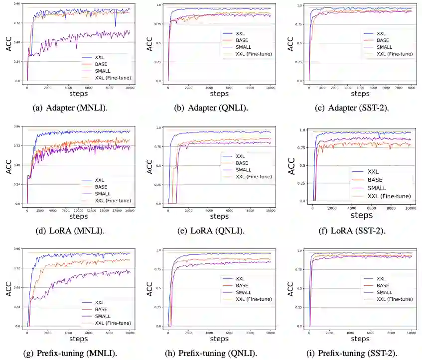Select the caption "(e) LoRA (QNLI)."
coord(212,231)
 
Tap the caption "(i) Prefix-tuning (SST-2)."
coord(355,354)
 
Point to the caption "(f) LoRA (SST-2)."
coord(355,231)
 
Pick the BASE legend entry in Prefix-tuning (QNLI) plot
coord(244,285)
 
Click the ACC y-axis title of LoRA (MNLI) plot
coord(8,166)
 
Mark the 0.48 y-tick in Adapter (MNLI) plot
coord(17,42)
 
